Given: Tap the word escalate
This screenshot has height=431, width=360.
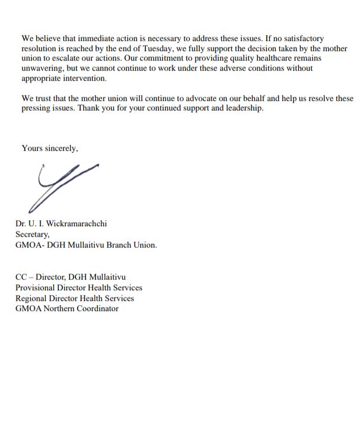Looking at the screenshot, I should (x=65, y=59).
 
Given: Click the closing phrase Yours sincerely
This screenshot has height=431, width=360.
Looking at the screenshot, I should (x=49, y=148).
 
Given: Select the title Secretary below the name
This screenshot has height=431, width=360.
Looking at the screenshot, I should (x=33, y=234).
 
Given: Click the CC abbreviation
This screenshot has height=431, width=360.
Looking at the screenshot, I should (x=21, y=277).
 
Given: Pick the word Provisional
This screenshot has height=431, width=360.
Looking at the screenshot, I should (x=36, y=287).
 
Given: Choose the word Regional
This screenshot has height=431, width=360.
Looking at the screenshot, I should (x=33, y=298).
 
